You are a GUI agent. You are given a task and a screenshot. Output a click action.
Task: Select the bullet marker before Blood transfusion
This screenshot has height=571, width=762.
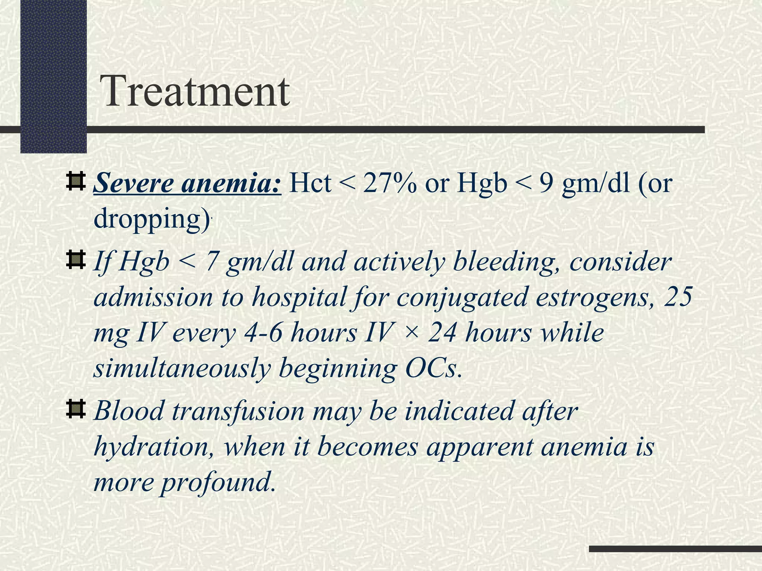pyautogui.click(x=76, y=410)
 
